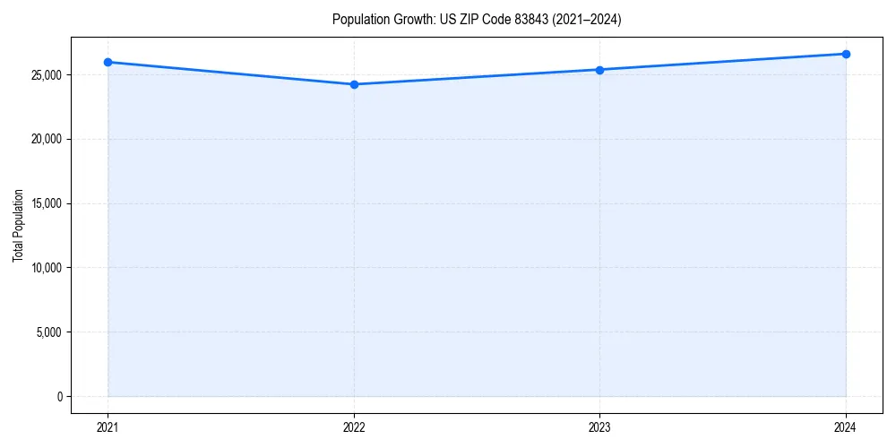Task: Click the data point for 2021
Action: pos(108,62)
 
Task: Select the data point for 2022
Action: pos(354,84)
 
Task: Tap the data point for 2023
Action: pos(599,70)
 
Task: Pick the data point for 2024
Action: pos(846,54)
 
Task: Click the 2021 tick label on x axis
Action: pos(108,426)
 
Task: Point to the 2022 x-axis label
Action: pos(354,426)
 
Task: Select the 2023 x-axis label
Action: pos(599,426)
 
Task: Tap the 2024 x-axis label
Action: pos(846,426)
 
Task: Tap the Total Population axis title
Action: pos(18,225)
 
